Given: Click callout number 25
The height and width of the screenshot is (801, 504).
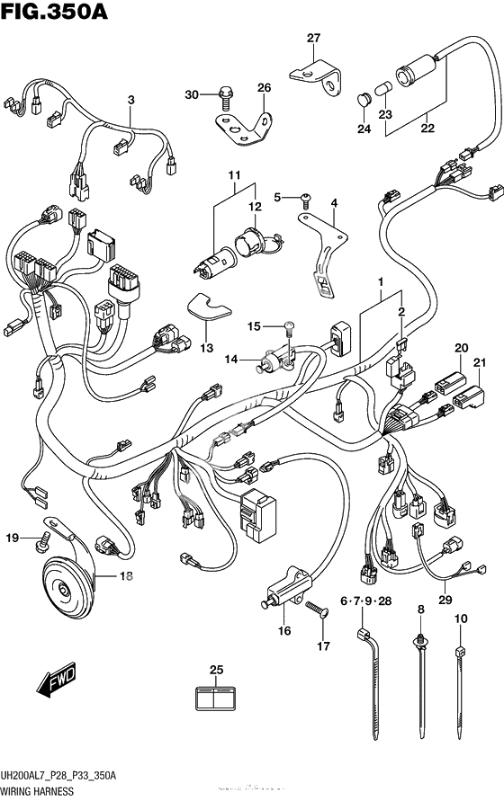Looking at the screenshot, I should [215, 670].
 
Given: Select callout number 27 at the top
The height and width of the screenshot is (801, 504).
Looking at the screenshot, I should [313, 38].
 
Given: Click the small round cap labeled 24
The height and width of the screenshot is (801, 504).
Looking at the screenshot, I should [364, 96].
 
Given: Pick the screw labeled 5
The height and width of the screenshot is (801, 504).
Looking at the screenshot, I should [305, 196].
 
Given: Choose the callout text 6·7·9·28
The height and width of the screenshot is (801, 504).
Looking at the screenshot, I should [366, 601].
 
